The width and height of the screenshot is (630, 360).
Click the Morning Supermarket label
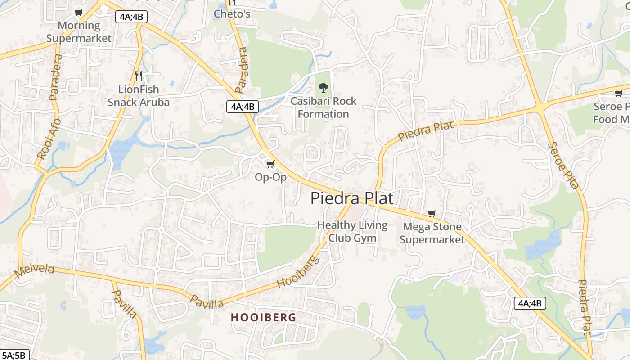(79, 32)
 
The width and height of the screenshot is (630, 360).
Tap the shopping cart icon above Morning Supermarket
(79, 12)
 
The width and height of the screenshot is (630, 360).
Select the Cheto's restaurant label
(232, 13)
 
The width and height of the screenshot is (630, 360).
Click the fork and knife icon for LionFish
(139, 76)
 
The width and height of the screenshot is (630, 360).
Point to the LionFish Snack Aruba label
(139, 96)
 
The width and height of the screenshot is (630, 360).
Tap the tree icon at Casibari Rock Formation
(323, 87)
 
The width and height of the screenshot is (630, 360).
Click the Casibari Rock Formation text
(323, 108)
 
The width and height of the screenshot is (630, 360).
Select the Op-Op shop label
(270, 177)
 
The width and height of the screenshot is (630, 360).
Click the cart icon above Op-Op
(270, 164)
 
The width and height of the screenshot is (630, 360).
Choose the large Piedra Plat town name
(352, 198)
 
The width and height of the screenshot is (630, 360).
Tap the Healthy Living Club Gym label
(352, 231)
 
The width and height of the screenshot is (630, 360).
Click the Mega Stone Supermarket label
(432, 233)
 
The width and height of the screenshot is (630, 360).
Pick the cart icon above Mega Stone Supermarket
(432, 213)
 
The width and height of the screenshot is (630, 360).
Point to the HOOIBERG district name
(264, 317)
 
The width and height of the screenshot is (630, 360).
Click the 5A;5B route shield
(14, 355)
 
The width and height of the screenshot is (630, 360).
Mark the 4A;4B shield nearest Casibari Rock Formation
(243, 107)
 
